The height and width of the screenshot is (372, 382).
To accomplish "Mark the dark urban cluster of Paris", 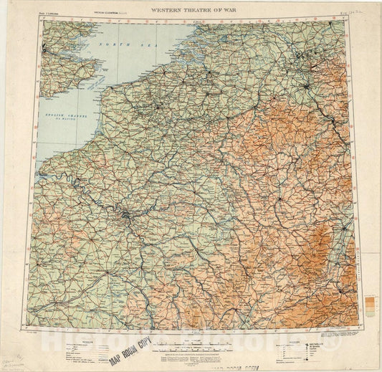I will pos(128,214).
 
